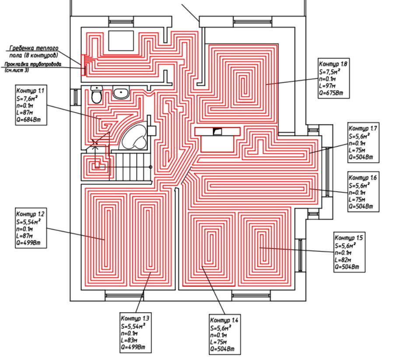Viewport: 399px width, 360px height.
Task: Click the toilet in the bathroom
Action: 96,94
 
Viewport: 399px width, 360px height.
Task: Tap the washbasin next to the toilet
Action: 121,92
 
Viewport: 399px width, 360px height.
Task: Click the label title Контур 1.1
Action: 30,91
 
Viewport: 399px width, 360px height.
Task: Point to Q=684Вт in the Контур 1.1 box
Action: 28,119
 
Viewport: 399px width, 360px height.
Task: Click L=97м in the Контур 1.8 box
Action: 327,86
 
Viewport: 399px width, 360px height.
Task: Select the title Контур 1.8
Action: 333,64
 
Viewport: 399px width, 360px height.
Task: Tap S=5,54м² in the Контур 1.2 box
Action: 28,221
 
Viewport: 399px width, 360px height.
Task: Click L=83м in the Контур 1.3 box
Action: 129,340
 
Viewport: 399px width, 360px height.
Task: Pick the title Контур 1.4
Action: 224,320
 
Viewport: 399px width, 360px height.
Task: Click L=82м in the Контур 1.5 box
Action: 343,260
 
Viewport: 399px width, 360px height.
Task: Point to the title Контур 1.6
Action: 363,178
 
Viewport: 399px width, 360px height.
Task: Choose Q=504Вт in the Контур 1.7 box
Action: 361,157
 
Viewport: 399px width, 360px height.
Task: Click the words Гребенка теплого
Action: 34,48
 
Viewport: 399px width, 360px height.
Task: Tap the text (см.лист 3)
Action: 17,70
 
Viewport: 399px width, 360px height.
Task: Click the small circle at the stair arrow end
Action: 150,167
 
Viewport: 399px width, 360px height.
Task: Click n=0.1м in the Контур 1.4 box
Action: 219,335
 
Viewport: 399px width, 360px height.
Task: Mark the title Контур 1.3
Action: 135,318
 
